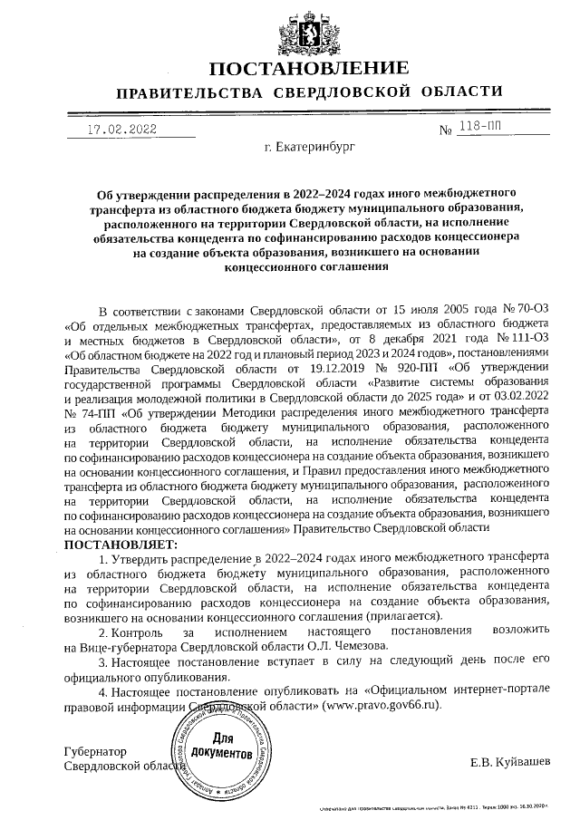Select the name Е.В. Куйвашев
(510, 762)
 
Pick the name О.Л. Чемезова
(348, 645)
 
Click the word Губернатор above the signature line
(95, 751)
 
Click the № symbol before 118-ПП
(446, 131)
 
